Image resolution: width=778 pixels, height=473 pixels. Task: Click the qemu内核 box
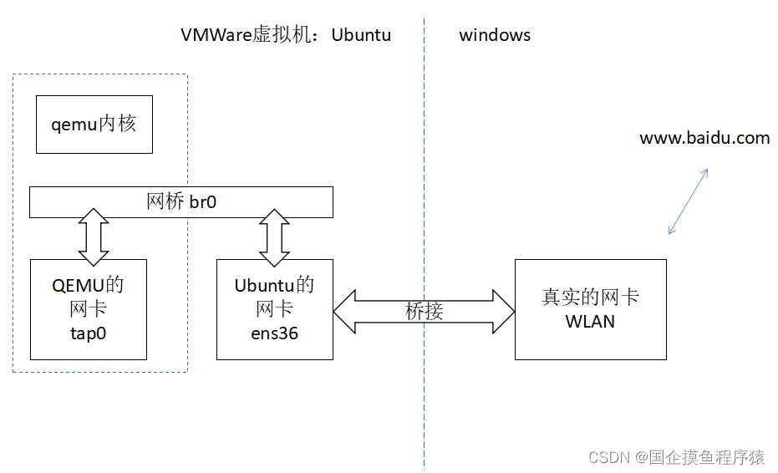pos(94,124)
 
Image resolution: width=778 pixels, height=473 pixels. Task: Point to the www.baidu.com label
pos(704,139)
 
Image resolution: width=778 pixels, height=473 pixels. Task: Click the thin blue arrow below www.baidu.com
pos(689,201)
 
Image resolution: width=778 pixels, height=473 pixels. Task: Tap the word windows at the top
pos(495,35)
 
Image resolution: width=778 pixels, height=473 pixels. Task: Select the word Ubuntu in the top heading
pos(361,35)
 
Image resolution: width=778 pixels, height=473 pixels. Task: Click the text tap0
pos(88,333)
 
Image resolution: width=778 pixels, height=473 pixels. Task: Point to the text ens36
pos(274,333)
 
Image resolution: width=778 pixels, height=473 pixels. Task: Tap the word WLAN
pos(590,322)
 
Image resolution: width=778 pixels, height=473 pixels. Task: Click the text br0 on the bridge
pos(203,202)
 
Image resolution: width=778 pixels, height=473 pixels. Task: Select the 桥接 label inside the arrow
pos(424,311)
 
